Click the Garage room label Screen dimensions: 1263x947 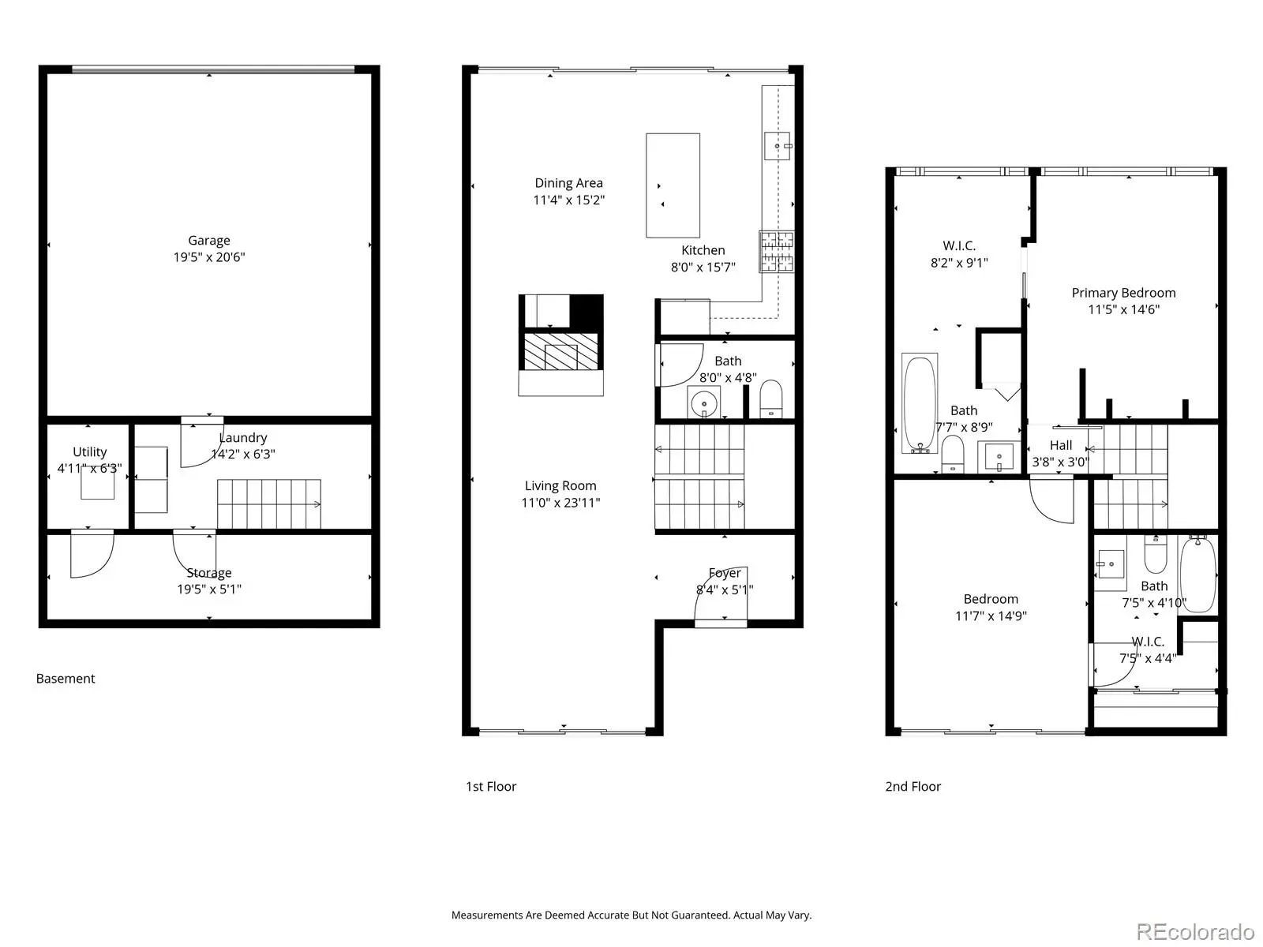tap(209, 241)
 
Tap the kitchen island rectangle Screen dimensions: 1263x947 tap(673, 185)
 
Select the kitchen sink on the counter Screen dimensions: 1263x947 tap(777, 145)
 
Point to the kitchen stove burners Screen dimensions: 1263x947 tap(776, 251)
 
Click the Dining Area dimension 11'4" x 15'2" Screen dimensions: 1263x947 tap(568, 200)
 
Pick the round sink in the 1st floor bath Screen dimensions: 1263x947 tap(703, 403)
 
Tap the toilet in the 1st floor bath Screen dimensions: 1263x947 tap(771, 398)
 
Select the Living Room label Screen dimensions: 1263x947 tap(560, 486)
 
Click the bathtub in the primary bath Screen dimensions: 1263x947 tap(920, 403)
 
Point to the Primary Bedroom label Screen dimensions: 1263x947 tap(1123, 293)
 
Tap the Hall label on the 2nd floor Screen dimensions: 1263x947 tap(1060, 445)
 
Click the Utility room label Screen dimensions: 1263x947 tap(90, 452)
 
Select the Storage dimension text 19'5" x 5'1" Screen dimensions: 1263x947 tap(209, 589)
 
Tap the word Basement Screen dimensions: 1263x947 tap(66, 679)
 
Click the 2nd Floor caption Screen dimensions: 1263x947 tap(913, 786)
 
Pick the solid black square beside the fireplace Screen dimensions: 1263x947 tap(587, 311)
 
